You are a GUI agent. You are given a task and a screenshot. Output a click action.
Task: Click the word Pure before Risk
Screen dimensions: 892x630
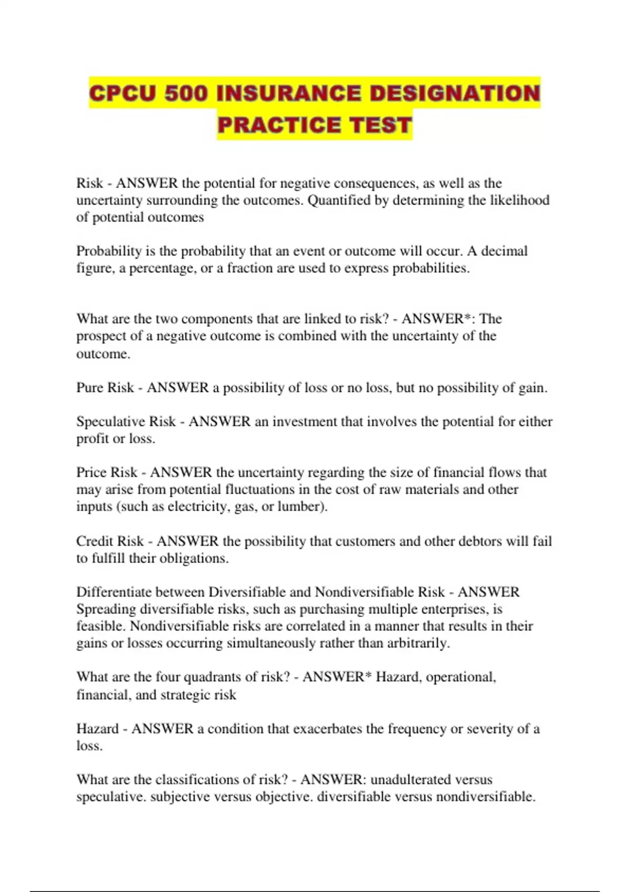(89, 388)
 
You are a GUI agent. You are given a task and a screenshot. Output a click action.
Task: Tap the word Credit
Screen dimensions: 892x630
(93, 541)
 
